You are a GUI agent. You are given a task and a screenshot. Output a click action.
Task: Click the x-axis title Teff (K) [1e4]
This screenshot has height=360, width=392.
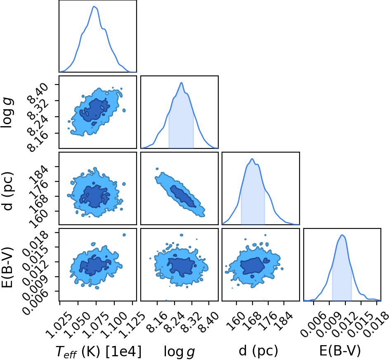click(99, 351)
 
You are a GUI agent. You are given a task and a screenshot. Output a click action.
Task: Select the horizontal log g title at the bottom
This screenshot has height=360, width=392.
click(179, 352)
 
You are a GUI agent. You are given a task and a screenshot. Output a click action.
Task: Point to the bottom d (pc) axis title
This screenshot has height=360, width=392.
click(258, 351)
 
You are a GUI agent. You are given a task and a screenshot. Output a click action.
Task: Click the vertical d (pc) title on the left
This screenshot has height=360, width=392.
click(7, 191)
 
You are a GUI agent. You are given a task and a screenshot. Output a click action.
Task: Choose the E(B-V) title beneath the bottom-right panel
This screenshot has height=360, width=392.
click(340, 351)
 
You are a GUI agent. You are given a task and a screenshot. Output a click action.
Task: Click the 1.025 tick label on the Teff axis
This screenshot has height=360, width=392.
click(59, 325)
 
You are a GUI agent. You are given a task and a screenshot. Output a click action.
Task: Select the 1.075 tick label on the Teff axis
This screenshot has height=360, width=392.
click(95, 325)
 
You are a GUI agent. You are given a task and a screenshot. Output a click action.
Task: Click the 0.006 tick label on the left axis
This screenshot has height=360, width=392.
click(35, 301)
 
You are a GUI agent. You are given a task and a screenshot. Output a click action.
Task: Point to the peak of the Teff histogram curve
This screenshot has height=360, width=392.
click(94, 6)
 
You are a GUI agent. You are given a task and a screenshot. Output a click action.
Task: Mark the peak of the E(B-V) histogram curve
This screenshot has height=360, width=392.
click(342, 235)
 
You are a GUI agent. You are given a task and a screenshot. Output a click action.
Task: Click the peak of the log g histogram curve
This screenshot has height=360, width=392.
click(182, 82)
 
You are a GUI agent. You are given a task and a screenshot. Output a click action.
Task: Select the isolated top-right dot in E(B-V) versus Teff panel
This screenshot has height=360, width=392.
click(124, 235)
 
